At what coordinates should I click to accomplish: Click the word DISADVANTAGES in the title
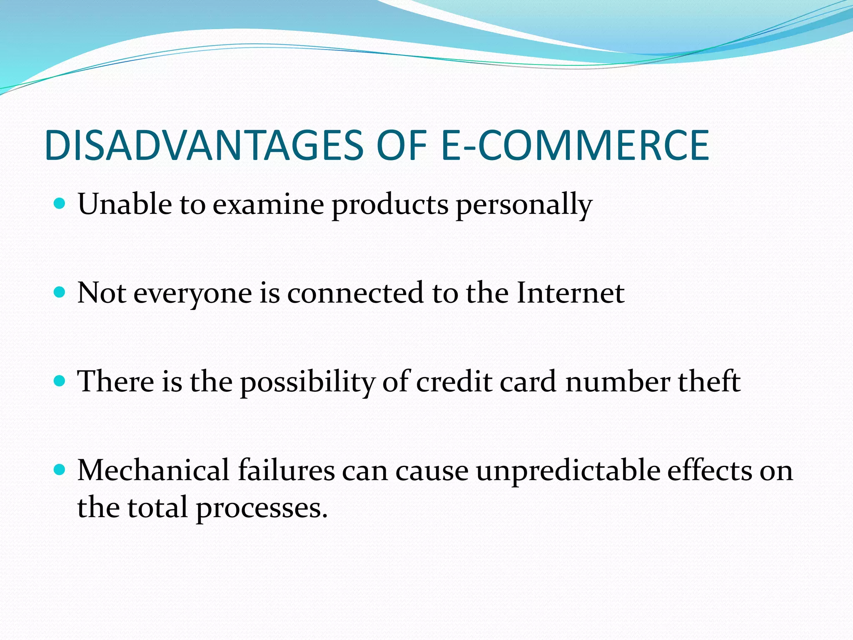(204, 145)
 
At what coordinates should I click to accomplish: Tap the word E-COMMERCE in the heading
(574, 145)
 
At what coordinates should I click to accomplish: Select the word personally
(524, 205)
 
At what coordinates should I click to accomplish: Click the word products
(390, 205)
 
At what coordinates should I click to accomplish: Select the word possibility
(307, 382)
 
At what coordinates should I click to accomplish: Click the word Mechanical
(153, 470)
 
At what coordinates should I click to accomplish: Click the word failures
(286, 470)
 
